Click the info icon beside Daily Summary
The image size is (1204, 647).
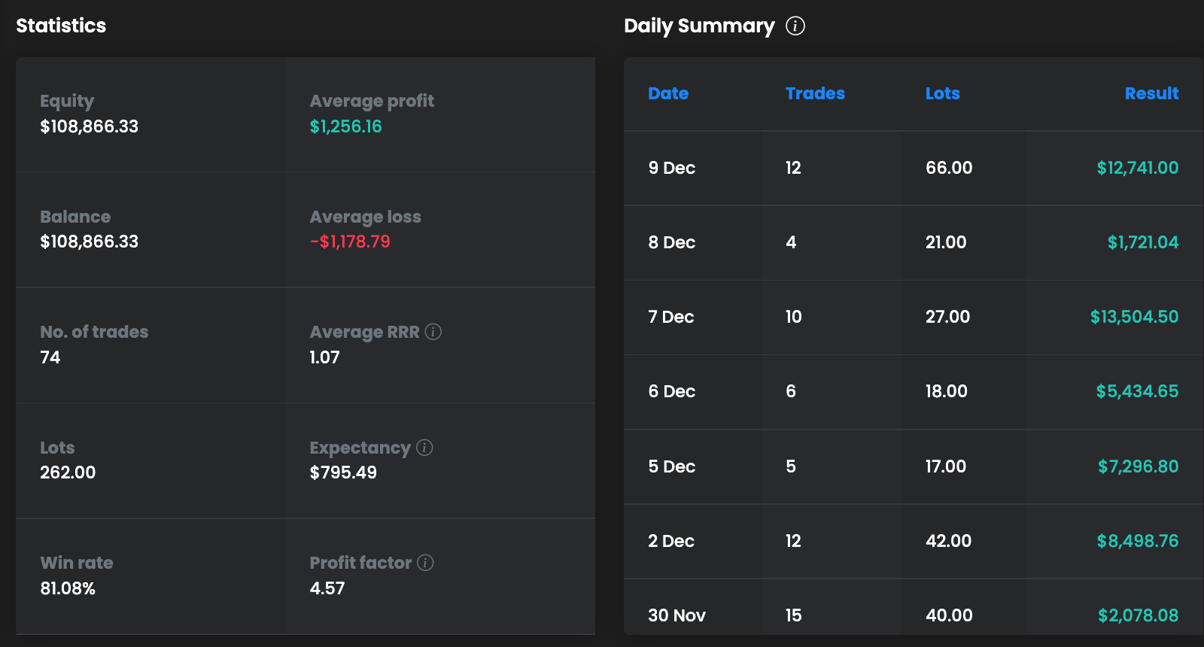tap(795, 26)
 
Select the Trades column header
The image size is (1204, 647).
tap(815, 93)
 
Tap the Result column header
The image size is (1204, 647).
tap(1151, 93)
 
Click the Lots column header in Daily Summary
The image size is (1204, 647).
tap(942, 93)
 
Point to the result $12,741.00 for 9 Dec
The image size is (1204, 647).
tap(1137, 168)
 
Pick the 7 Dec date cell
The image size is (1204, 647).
tap(670, 317)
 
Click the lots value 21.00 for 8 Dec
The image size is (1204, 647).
tap(946, 242)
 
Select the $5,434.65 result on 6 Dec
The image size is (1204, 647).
tap(1137, 391)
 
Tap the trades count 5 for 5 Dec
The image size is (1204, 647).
tap(791, 466)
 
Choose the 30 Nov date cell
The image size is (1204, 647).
tap(676, 615)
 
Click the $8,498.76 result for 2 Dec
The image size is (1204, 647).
tap(1137, 541)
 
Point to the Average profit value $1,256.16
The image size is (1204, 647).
tap(345, 126)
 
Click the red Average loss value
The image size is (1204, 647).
tap(350, 241)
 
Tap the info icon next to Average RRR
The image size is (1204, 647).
tap(433, 332)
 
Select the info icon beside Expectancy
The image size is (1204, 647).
tap(424, 448)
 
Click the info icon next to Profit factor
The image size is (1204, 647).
tap(425, 563)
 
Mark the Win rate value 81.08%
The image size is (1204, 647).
tap(68, 588)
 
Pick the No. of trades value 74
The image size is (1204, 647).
tap(50, 357)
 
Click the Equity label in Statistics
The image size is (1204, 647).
tap(67, 101)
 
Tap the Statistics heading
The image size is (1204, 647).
tap(61, 26)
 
